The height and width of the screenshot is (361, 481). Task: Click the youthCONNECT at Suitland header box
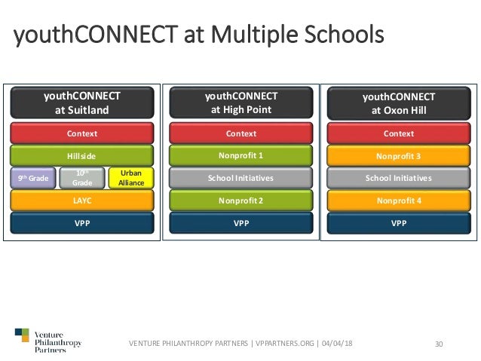pos(82,103)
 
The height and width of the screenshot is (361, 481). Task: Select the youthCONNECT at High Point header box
pos(241,103)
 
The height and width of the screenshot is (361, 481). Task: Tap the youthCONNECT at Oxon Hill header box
pos(399,103)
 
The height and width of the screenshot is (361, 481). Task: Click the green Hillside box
pos(82,156)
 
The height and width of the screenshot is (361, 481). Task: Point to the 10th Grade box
pos(82,179)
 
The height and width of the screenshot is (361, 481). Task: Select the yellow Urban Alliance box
pos(131,179)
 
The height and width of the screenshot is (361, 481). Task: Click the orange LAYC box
pos(82,201)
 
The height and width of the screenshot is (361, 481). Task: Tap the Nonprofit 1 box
pos(241,156)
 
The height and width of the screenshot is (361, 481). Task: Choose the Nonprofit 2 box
pos(241,201)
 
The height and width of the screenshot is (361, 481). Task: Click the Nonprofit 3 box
pos(399,156)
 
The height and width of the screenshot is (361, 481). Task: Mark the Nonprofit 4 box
pos(399,201)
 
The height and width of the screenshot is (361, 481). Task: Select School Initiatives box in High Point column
pos(241,179)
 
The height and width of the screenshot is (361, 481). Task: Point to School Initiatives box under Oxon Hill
pos(399,179)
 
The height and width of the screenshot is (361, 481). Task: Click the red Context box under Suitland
pos(82,133)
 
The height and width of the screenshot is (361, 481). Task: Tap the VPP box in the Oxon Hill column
pos(399,224)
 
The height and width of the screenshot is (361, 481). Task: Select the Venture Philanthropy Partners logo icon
pos(22,337)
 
